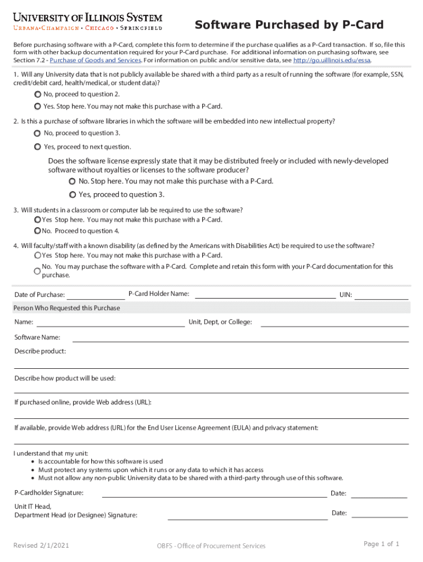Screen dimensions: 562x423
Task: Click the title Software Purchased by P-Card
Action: coord(289,25)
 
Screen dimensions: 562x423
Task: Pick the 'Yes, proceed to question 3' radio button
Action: coord(73,195)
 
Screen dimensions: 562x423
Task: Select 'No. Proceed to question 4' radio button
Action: coord(37,231)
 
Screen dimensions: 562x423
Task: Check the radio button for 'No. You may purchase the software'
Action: coord(37,271)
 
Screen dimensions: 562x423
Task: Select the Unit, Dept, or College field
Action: coord(335,323)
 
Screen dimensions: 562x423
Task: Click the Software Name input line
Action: coord(241,338)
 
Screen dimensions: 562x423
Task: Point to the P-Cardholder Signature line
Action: coord(214,493)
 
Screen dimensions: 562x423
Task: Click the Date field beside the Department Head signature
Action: coord(379,514)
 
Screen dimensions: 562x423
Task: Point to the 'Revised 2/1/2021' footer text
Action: coord(41,546)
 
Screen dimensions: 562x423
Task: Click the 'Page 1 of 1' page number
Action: coord(381,544)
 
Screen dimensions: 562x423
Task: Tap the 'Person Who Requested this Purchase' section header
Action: coord(67,308)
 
